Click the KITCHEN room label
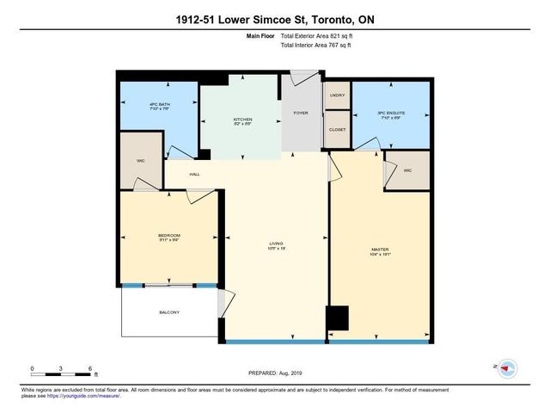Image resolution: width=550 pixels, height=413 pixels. tap(241, 120)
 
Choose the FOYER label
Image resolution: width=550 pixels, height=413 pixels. tap(301, 112)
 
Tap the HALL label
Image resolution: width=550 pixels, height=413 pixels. tap(195, 174)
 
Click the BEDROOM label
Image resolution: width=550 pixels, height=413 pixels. tap(168, 236)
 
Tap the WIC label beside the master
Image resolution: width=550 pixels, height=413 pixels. tap(408, 170)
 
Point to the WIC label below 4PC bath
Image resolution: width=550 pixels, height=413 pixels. tap(139, 160)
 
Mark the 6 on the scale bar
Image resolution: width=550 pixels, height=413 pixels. tap(90, 367)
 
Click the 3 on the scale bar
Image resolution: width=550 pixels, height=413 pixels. tap(61, 367)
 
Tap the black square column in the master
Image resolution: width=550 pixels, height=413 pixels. tap(339, 318)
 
